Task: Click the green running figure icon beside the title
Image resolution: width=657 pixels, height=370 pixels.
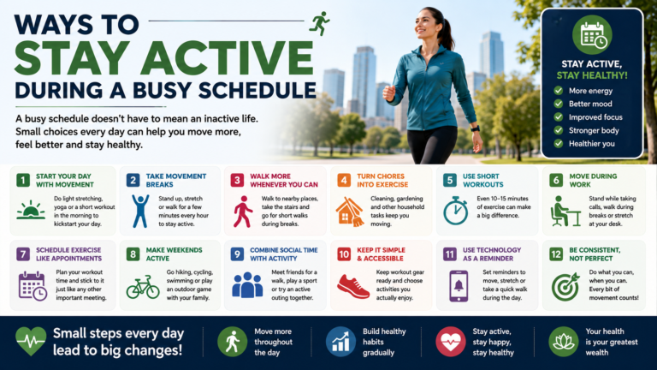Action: (x=319, y=23)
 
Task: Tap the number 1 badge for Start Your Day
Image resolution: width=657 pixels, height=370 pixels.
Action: (x=23, y=181)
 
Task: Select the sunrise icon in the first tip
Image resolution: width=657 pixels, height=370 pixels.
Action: (x=31, y=210)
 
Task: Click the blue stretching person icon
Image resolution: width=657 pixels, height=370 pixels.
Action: (x=140, y=211)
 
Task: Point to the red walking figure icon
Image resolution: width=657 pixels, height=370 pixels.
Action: (x=243, y=212)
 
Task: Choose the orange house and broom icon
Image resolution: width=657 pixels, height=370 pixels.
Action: (x=349, y=212)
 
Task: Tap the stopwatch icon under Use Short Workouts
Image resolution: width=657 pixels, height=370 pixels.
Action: (x=456, y=210)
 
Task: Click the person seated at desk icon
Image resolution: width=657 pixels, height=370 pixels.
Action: (x=565, y=211)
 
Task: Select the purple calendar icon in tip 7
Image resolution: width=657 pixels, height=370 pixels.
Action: (x=33, y=286)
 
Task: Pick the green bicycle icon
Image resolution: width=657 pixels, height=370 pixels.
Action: (x=143, y=287)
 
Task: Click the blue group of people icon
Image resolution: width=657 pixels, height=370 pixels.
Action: (x=247, y=285)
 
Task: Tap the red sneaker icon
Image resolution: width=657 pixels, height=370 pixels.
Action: (x=353, y=286)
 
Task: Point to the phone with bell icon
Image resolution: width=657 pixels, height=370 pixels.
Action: (x=459, y=286)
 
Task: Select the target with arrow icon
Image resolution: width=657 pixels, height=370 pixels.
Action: (x=565, y=287)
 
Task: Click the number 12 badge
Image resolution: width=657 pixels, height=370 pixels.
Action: (x=556, y=254)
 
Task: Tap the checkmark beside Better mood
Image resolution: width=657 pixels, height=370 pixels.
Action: (x=558, y=104)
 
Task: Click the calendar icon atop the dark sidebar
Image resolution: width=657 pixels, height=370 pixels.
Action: (x=592, y=35)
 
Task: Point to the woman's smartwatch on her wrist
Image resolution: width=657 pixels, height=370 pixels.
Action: (x=475, y=128)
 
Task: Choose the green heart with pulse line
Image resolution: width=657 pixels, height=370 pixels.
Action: (x=31, y=341)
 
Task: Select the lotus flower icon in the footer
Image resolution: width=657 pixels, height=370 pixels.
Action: (x=564, y=342)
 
